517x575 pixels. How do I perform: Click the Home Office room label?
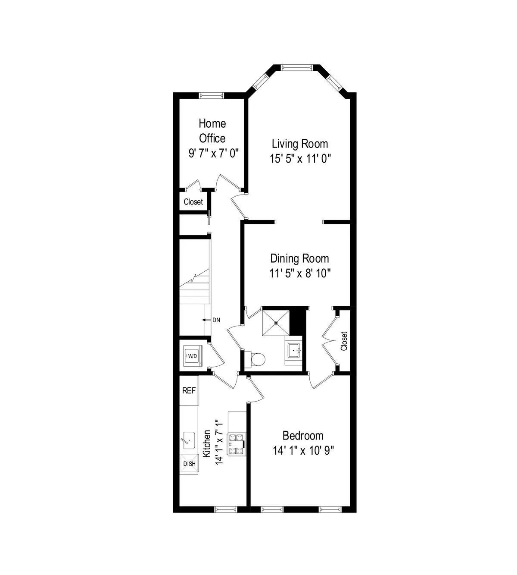(212, 131)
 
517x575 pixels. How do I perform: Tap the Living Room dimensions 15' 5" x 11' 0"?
(300, 159)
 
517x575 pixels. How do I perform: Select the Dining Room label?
(299, 258)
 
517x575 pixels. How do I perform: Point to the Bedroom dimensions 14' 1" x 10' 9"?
(303, 451)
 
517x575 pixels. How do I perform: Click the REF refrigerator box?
(189, 391)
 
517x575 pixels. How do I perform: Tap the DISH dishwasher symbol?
(189, 464)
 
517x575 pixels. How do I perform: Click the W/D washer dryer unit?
(191, 356)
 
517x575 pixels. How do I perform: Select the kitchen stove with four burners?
(237, 444)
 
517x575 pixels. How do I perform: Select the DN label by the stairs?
(216, 320)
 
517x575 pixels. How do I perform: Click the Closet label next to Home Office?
(193, 202)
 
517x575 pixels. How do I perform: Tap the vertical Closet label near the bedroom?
(344, 341)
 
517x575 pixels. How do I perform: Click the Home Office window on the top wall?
(211, 95)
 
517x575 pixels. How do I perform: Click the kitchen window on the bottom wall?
(226, 509)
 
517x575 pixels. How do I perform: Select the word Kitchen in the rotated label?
(207, 443)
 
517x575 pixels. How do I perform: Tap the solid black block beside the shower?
(297, 321)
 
